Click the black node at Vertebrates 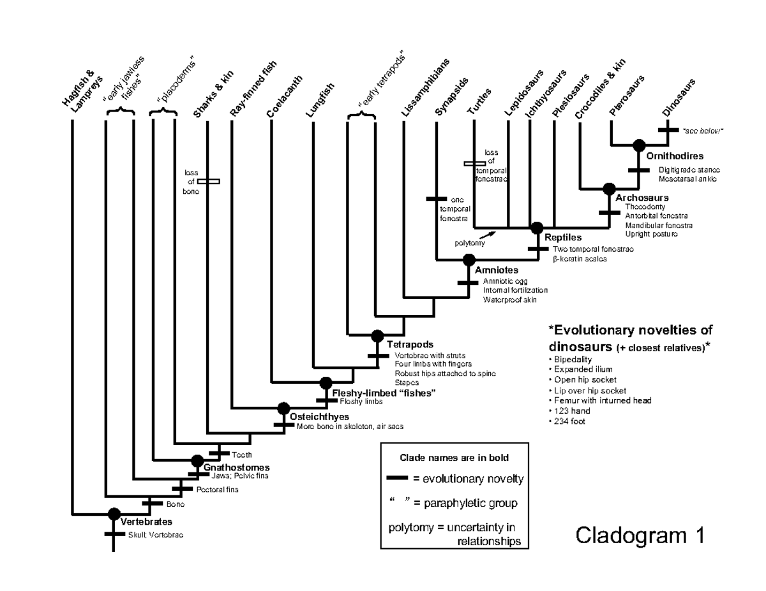pyautogui.click(x=114, y=513)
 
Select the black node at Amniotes pyautogui.click(x=469, y=259)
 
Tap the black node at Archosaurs pyautogui.click(x=608, y=189)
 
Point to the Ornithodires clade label pyautogui.click(x=674, y=156)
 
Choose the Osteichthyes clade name pyautogui.click(x=319, y=416)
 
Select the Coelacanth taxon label pyautogui.click(x=283, y=97)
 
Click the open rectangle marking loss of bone pyautogui.click(x=209, y=182)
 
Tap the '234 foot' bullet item pyautogui.click(x=567, y=421)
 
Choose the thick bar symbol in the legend pyautogui.click(x=398, y=478)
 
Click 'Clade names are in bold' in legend pyautogui.click(x=454, y=458)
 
